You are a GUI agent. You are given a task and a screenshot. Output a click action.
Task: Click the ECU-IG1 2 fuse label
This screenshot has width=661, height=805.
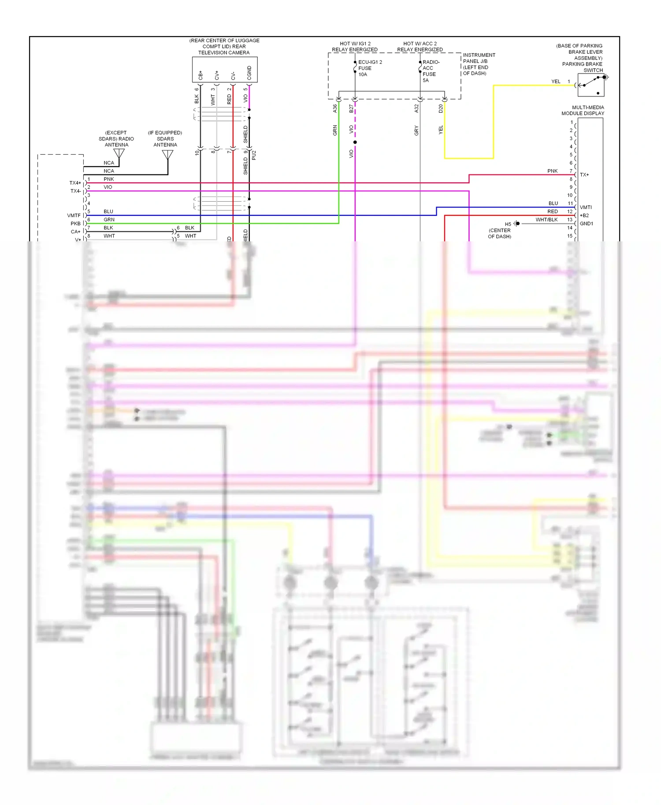click(x=369, y=68)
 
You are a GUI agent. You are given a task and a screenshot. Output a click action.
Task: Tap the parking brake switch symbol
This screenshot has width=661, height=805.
click(x=591, y=85)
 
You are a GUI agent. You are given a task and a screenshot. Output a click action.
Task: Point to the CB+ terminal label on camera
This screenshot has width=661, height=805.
click(x=201, y=75)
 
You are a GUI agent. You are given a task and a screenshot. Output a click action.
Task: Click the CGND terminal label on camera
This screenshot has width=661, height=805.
click(x=249, y=73)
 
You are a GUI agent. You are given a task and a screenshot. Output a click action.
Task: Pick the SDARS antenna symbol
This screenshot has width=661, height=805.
click(x=167, y=155)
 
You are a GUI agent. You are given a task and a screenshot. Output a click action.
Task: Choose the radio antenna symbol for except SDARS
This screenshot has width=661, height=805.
click(x=119, y=153)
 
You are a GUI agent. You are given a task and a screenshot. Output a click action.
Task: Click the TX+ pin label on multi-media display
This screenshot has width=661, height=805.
click(x=584, y=175)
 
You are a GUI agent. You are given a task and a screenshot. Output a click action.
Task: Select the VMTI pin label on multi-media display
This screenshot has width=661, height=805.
click(x=586, y=207)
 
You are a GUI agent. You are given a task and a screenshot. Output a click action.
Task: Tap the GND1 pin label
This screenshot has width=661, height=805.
click(x=586, y=224)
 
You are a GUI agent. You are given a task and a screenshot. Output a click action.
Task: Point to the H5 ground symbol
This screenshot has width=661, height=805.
click(x=517, y=224)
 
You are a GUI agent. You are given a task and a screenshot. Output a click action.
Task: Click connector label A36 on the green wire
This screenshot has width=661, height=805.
click(x=335, y=108)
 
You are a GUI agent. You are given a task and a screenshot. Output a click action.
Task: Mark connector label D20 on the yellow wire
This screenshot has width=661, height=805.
click(x=441, y=108)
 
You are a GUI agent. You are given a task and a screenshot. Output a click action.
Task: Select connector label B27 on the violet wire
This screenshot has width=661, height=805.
click(x=351, y=108)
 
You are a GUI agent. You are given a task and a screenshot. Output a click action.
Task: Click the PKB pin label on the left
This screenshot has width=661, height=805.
click(x=75, y=224)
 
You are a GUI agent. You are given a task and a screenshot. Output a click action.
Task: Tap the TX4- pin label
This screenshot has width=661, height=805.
click(x=75, y=191)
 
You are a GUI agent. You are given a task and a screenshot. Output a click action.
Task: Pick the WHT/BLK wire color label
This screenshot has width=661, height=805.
click(x=546, y=220)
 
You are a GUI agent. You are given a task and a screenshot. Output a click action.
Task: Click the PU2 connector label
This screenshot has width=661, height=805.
click(x=254, y=155)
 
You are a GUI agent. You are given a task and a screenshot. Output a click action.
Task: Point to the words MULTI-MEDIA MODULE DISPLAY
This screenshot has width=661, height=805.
click(x=583, y=111)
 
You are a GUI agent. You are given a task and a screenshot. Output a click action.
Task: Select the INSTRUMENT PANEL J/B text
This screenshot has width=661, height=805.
click(x=479, y=58)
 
